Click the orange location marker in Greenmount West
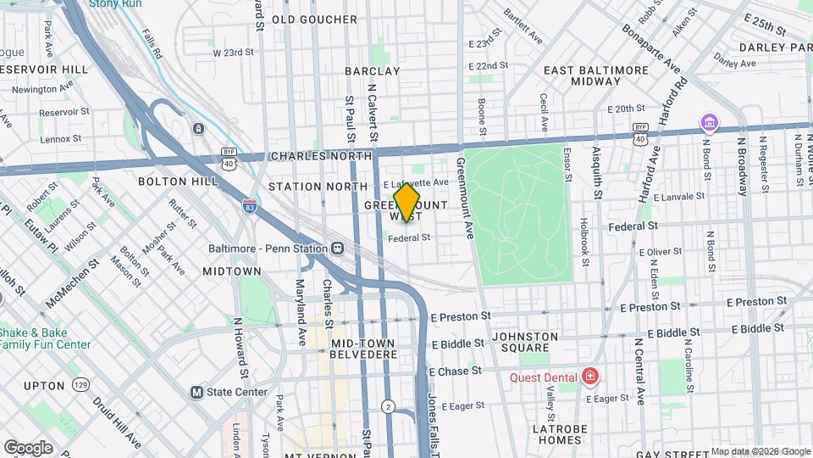406,202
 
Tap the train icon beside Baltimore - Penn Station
337,249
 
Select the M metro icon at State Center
196,392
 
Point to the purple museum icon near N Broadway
708,124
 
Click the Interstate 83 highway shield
248,206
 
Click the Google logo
28,447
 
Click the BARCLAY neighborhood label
373,71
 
